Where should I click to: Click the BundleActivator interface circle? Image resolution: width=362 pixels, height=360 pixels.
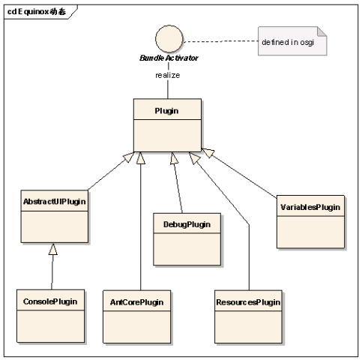(169, 39)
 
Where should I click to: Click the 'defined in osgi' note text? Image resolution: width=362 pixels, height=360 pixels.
(288, 43)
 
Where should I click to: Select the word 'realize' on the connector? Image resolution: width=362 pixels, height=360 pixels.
(168, 75)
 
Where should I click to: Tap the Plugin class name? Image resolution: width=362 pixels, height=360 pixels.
(166, 111)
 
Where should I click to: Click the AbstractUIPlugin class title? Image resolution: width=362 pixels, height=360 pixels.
(55, 202)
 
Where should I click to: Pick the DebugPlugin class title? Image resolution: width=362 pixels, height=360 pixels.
(187, 224)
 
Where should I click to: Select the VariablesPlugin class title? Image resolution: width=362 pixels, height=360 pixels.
(310, 207)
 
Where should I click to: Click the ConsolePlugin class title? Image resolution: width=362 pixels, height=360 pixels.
(50, 301)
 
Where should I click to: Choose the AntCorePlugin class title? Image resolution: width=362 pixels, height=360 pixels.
(137, 302)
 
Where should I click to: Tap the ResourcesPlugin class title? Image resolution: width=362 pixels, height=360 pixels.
(248, 302)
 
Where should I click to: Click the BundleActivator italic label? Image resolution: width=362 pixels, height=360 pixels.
(169, 58)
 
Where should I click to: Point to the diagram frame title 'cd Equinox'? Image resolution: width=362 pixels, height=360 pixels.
(37, 11)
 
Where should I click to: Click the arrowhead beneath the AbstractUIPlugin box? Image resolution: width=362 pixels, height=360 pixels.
(53, 249)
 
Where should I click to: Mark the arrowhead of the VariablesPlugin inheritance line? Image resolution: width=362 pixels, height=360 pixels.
(208, 152)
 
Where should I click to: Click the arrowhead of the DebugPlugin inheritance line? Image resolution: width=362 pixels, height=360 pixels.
(174, 158)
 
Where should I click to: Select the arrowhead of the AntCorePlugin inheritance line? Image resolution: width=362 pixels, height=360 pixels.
(141, 158)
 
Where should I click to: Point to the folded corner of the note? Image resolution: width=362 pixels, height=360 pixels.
(322, 31)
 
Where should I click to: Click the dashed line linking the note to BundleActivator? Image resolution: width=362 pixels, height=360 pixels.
(221, 41)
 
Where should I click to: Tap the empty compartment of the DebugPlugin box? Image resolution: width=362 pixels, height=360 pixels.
(187, 249)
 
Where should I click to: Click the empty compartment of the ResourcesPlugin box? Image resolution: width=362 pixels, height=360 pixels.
(248, 327)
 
